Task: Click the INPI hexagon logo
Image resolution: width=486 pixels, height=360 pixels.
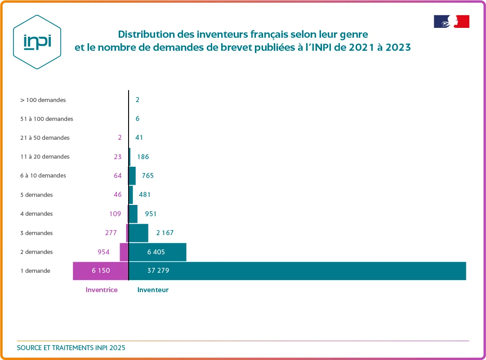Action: click(37, 42)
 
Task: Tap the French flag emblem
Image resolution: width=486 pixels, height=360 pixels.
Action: click(451, 22)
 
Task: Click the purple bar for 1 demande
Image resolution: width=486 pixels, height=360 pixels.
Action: click(101, 271)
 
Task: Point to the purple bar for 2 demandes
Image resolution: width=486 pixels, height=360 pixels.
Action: click(124, 252)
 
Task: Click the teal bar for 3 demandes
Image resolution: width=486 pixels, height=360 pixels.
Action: click(138, 233)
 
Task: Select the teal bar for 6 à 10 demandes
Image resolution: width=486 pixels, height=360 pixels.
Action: click(132, 176)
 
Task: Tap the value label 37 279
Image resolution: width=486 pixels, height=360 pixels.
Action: click(158, 271)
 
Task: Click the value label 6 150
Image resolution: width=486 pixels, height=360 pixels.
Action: click(101, 271)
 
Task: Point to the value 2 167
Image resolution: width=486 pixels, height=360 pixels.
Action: click(165, 233)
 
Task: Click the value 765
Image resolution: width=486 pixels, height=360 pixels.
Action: click(147, 176)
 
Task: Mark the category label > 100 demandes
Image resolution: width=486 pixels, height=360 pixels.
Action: click(43, 100)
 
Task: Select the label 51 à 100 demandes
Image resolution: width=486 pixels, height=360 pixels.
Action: click(47, 119)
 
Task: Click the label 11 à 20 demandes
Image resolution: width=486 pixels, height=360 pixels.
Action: click(45, 157)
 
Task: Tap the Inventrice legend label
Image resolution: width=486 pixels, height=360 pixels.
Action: click(102, 290)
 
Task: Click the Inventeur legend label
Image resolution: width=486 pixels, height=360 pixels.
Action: click(153, 290)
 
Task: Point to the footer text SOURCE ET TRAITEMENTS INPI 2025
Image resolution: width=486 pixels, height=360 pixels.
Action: click(71, 348)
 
